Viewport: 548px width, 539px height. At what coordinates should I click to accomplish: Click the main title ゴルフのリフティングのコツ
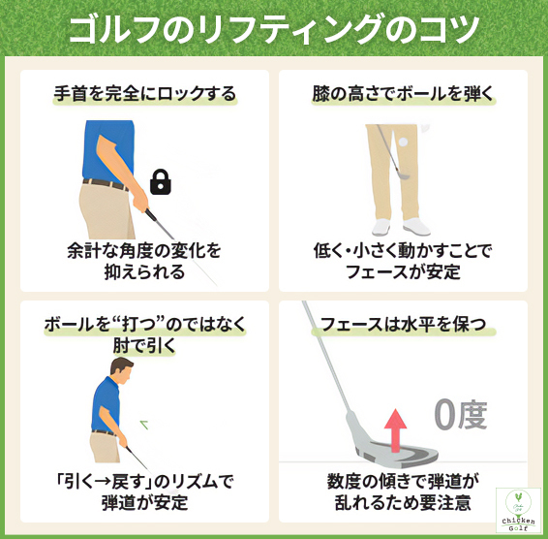click(x=274, y=30)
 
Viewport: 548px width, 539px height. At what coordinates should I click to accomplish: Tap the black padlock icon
click(x=161, y=181)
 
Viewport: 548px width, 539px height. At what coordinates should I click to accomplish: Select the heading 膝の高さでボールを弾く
click(x=402, y=94)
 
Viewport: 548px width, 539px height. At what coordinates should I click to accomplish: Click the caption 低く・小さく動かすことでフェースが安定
click(x=402, y=261)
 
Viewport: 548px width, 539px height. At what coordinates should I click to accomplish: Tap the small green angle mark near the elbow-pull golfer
click(x=146, y=423)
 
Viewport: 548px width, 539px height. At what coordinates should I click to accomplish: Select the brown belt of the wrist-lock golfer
click(x=102, y=182)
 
